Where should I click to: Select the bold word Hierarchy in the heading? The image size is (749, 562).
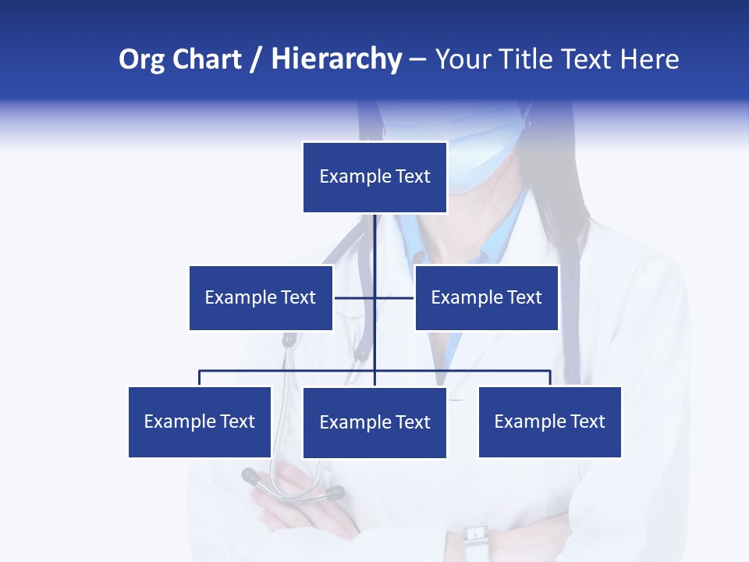(335, 60)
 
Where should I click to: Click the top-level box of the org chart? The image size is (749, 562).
(374, 177)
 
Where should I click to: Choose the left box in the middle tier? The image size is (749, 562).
(261, 297)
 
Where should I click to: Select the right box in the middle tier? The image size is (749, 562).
(486, 297)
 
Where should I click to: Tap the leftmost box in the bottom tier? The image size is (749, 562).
(200, 422)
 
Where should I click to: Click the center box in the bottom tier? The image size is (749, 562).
(374, 423)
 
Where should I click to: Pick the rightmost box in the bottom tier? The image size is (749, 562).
(550, 422)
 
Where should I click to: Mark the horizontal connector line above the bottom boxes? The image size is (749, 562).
(289, 371)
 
